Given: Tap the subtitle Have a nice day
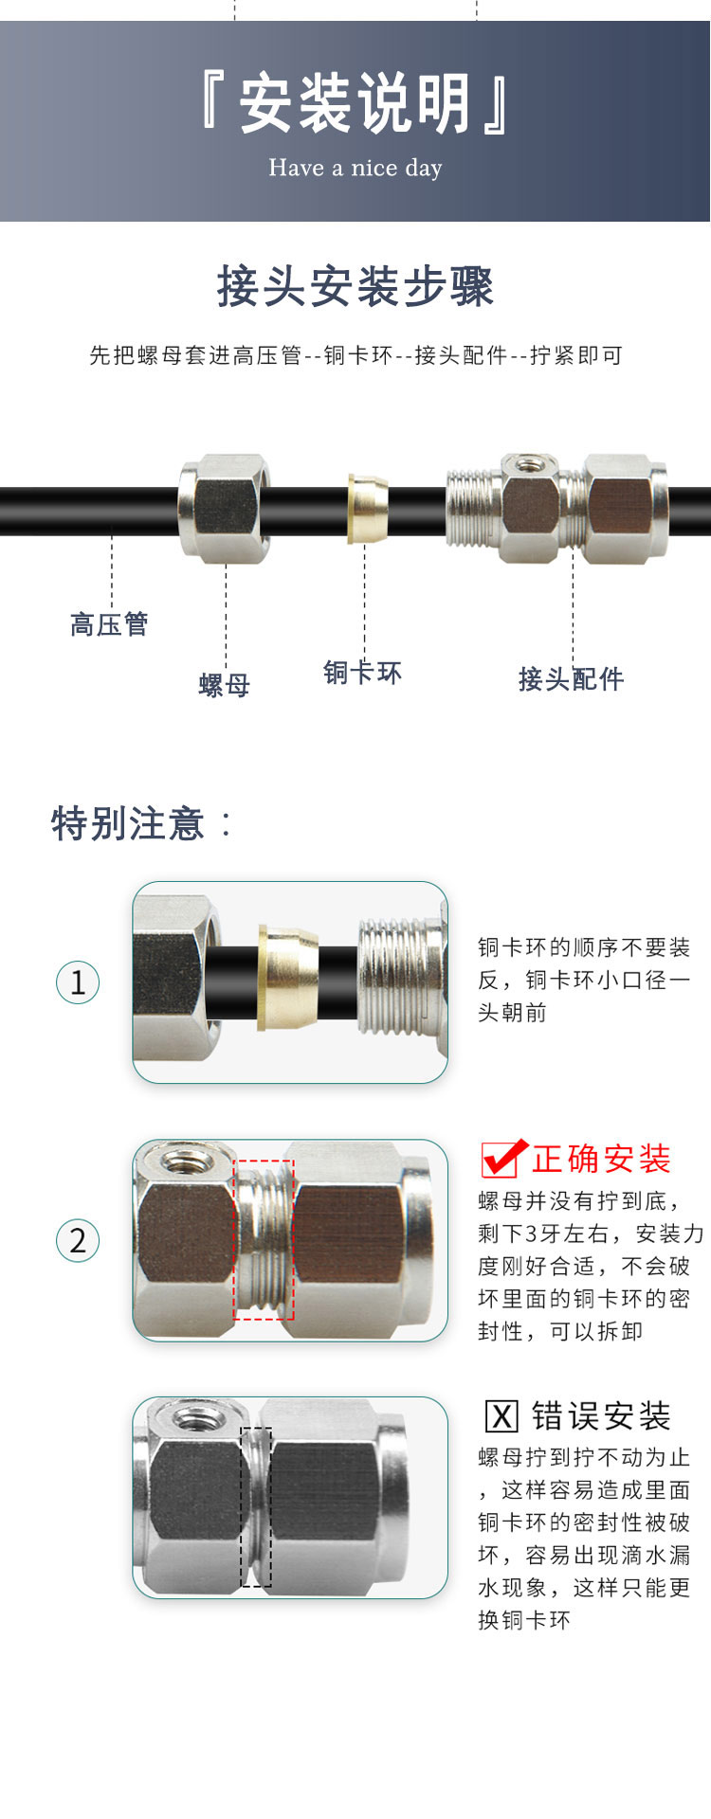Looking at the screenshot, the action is [355, 168].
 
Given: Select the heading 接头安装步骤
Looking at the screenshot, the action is [355, 286].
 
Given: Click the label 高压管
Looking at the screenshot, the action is [109, 624].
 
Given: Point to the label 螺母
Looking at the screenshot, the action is [225, 685].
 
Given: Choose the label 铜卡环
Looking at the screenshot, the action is [363, 673].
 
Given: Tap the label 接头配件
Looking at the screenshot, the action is [571, 678].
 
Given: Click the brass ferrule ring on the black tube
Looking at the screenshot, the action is [368, 510].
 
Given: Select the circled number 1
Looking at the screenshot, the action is [78, 982].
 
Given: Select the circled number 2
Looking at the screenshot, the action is [78, 1240].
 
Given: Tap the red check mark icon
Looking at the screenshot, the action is [503, 1158].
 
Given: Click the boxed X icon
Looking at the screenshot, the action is [501, 1416].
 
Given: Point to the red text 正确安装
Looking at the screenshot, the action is [601, 1159].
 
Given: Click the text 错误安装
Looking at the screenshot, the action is [601, 1416].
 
